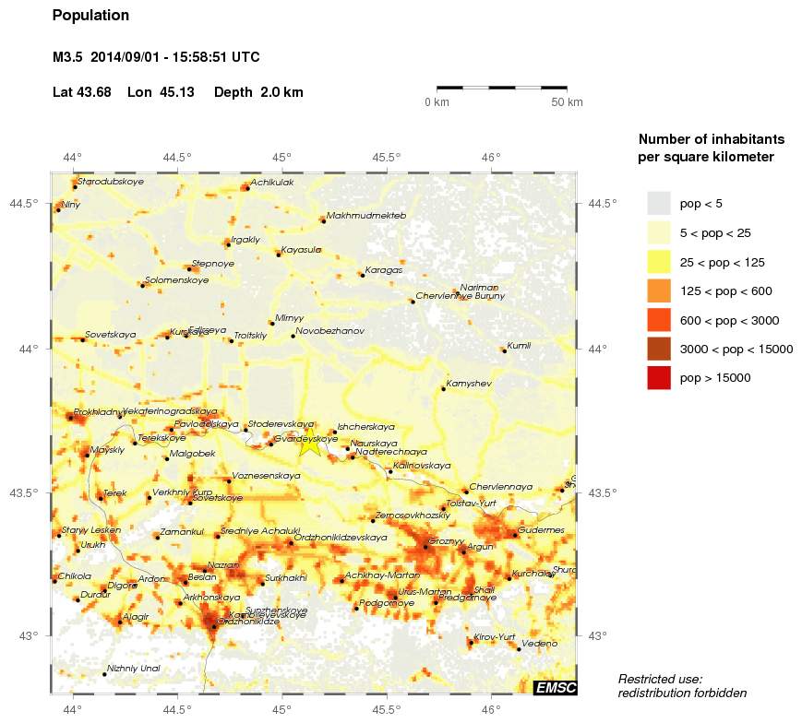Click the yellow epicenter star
click(x=309, y=444)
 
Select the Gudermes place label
click(x=542, y=530)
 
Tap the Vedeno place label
click(x=540, y=643)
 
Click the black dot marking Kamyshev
click(x=443, y=389)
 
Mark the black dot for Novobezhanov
click(x=293, y=336)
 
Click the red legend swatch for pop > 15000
click(x=658, y=377)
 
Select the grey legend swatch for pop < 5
click(x=658, y=203)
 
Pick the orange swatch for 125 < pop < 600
click(x=658, y=290)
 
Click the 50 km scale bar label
click(x=567, y=102)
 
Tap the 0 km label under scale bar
click(x=437, y=102)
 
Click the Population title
click(x=91, y=16)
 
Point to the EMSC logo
click(x=556, y=687)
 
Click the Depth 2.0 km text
click(x=258, y=92)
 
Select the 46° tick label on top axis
click(x=491, y=157)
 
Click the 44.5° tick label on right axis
click(x=602, y=204)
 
